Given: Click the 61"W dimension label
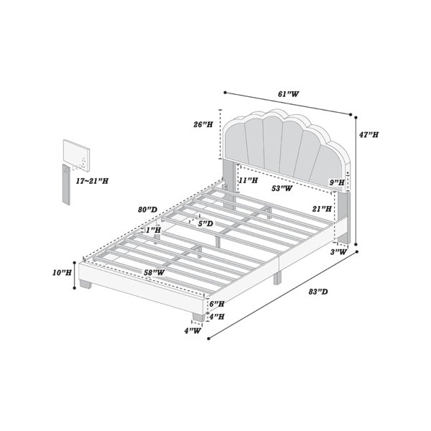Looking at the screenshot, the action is coord(288,94).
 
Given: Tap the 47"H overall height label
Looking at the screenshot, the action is coord(369,135).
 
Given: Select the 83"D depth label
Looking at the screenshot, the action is coord(318,292).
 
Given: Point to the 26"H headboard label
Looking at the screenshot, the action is coord(203,124).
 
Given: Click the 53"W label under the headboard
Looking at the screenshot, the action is coord(282,188).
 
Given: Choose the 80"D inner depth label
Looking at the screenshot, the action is coord(147,210).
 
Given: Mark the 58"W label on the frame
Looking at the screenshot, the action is coord(154,272).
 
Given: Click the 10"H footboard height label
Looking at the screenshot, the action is coord(62,273).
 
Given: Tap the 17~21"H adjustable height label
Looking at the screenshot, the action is coord(92,181).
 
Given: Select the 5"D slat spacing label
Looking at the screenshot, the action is coord(205,223).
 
